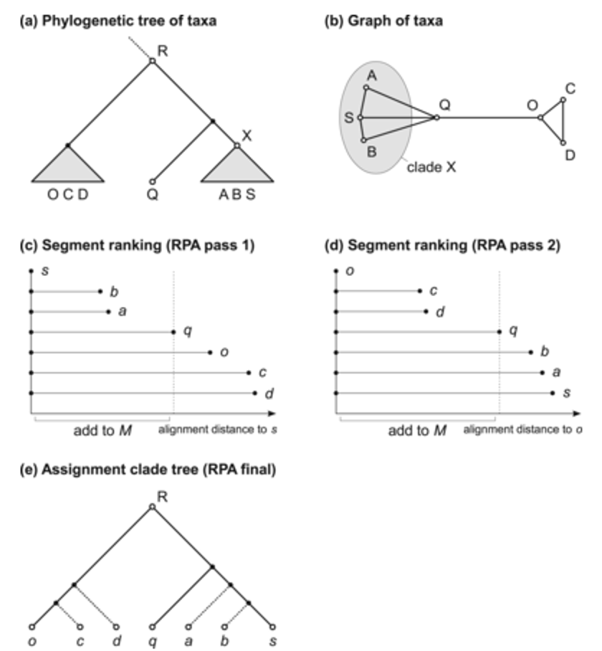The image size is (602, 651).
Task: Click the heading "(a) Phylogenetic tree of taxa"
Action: pyautogui.click(x=118, y=21)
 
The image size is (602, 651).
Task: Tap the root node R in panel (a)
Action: pyautogui.click(x=152, y=62)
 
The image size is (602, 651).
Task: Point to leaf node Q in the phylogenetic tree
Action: pyautogui.click(x=152, y=181)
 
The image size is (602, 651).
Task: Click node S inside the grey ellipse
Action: pyautogui.click(x=360, y=118)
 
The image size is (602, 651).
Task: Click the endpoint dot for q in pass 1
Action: pyautogui.click(x=173, y=332)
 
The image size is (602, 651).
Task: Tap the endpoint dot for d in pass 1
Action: pyautogui.click(x=254, y=393)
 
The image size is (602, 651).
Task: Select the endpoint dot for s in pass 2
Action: pyautogui.click(x=553, y=393)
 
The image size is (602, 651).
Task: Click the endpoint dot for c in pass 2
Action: pyautogui.click(x=420, y=291)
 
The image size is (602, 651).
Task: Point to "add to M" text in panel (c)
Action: pyautogui.click(x=102, y=431)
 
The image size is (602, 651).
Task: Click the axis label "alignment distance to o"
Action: pyautogui.click(x=521, y=430)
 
